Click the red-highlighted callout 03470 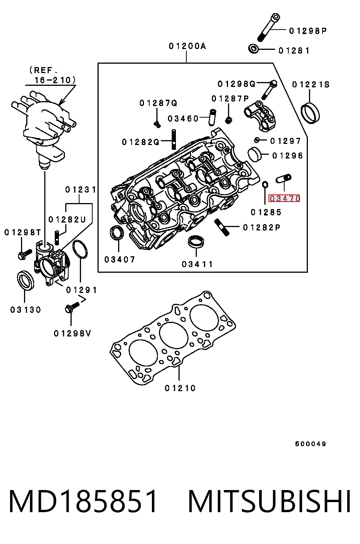[284, 199]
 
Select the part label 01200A [187, 46]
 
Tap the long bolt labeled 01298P [268, 27]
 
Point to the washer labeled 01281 [253, 49]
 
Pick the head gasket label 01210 [180, 388]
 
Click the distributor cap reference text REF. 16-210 [52, 75]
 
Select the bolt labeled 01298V [72, 307]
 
